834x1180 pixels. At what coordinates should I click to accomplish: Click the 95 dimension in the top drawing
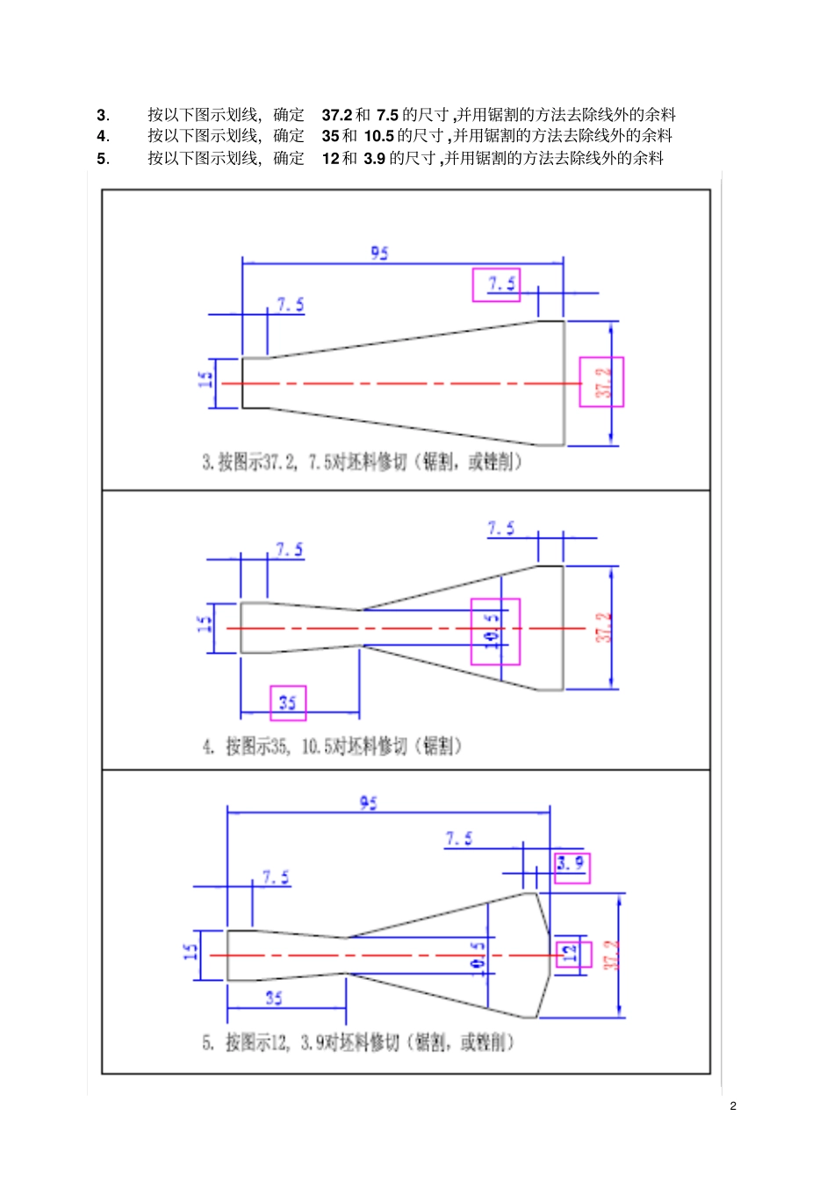[x=379, y=253]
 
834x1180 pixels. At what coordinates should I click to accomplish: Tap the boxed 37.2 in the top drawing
[x=603, y=383]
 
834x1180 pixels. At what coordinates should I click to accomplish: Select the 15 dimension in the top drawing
[x=205, y=380]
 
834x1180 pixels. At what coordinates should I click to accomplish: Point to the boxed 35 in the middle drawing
[x=288, y=703]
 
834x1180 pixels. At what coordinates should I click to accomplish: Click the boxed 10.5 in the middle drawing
[x=493, y=630]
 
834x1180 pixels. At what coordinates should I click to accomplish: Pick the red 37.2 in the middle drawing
[x=603, y=627]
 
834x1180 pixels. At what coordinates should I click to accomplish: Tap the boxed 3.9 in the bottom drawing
[x=571, y=864]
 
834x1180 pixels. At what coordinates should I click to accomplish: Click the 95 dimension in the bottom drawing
[x=369, y=803]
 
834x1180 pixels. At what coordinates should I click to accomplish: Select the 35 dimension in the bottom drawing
[x=274, y=998]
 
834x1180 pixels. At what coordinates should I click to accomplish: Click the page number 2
[x=733, y=1106]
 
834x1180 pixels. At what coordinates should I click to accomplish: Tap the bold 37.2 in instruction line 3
[x=336, y=115]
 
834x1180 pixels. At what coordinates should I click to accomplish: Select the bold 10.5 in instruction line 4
[x=378, y=136]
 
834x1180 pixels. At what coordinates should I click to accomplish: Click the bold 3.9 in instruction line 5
[x=375, y=159]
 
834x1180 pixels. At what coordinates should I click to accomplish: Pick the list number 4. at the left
[x=103, y=136]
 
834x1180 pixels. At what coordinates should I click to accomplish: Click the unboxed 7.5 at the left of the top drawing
[x=291, y=304]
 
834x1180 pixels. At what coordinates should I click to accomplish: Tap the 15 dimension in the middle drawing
[x=205, y=625]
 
